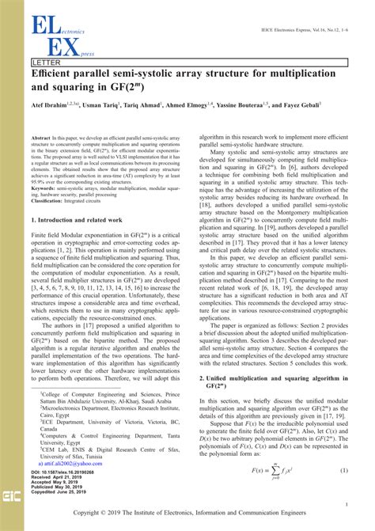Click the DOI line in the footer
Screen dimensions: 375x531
[x=66, y=471]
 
